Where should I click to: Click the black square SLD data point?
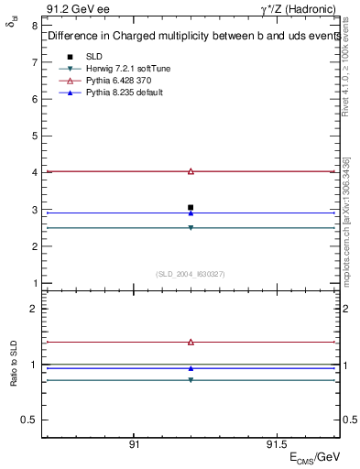(191, 208)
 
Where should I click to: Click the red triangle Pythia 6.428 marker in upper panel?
(191, 171)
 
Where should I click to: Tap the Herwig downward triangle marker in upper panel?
(191, 227)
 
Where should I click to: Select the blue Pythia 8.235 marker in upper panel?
(191, 213)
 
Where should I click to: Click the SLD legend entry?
(93, 56)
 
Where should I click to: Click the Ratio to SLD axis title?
(14, 377)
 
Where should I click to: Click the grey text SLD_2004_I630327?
(190, 274)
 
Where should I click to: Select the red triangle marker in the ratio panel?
(191, 342)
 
